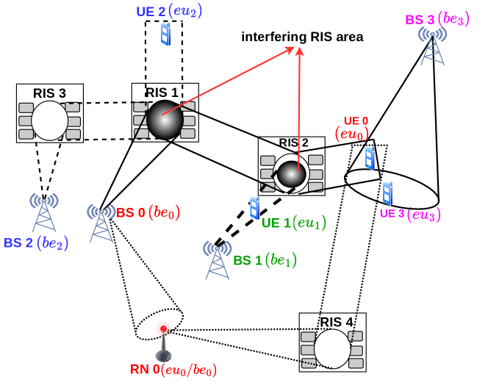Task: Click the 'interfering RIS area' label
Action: pyautogui.click(x=302, y=37)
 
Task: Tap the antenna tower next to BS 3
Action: pyautogui.click(x=432, y=46)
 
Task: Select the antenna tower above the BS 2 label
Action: pyautogui.click(x=44, y=212)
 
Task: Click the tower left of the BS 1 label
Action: pyautogui.click(x=217, y=260)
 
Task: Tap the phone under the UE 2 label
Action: pyautogui.click(x=165, y=34)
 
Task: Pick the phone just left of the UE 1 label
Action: pyautogui.click(x=254, y=208)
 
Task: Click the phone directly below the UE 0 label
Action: pyautogui.click(x=370, y=157)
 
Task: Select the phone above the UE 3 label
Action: pyautogui.click(x=387, y=192)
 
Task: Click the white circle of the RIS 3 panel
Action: pyautogui.click(x=50, y=120)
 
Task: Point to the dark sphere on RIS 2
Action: pyautogui.click(x=292, y=174)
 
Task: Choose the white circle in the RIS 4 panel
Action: pyautogui.click(x=332, y=349)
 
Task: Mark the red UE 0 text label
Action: pyautogui.click(x=356, y=120)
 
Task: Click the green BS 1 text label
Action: pyautogui.click(x=248, y=260)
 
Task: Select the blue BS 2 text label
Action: pyautogui.click(x=18, y=242)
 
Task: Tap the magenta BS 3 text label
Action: pyautogui.click(x=420, y=20)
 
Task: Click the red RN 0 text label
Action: pyautogui.click(x=145, y=369)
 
